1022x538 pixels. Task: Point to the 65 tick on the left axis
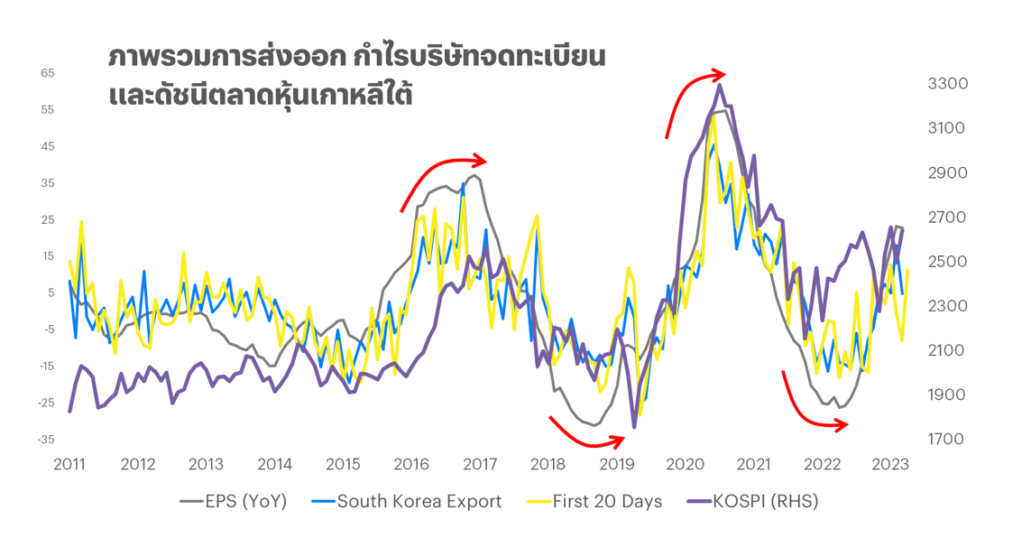[x=48, y=73]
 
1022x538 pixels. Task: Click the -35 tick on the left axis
[x=46, y=440]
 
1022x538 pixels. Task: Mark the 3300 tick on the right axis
[x=947, y=84]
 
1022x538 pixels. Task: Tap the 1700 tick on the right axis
[x=947, y=440]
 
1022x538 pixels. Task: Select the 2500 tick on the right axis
[x=947, y=262]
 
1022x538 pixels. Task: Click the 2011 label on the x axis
[x=69, y=465]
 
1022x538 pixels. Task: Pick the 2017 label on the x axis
[x=480, y=465]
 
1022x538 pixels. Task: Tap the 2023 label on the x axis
[x=889, y=465]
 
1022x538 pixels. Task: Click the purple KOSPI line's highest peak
[x=720, y=86]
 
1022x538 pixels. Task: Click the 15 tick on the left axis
[x=48, y=256]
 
